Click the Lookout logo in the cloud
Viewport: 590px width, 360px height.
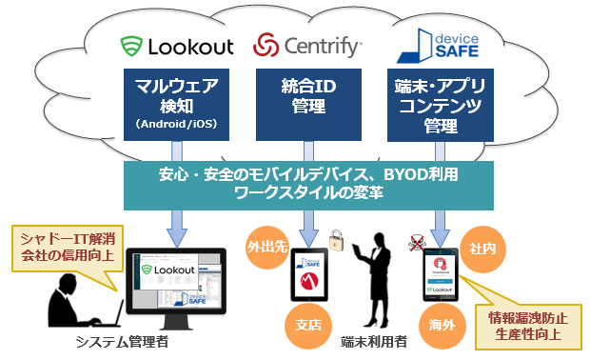pyautogui.click(x=176, y=45)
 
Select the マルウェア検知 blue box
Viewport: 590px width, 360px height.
pyautogui.click(x=177, y=103)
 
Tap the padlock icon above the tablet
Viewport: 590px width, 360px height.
pyautogui.click(x=335, y=237)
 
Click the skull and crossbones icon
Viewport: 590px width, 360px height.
pyautogui.click(x=415, y=241)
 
